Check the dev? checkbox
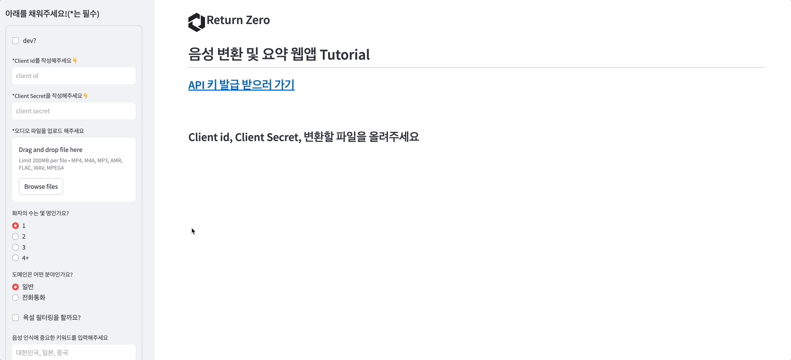[x=15, y=41]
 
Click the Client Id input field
[x=74, y=76]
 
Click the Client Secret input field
[x=74, y=111]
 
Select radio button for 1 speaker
[x=15, y=226]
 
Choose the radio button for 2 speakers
[x=15, y=237]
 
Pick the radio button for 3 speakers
[x=15, y=247]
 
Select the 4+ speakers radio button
[x=15, y=258]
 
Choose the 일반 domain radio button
[x=15, y=287]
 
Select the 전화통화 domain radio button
[x=15, y=298]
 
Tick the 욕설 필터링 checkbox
[x=15, y=318]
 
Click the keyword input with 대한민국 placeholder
[x=74, y=352]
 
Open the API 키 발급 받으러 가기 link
[x=241, y=85]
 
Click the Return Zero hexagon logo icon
[x=196, y=22]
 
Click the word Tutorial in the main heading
[x=344, y=54]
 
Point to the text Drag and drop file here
[x=51, y=150]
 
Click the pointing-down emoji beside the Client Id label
[x=75, y=61]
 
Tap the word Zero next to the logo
[x=258, y=20]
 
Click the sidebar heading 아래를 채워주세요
[x=52, y=14]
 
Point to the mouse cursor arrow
[x=193, y=231]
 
